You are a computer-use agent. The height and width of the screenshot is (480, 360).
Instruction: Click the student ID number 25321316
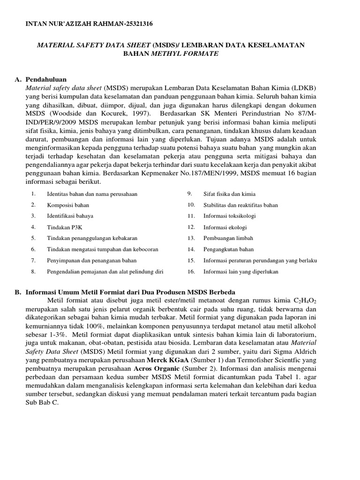click(136, 23)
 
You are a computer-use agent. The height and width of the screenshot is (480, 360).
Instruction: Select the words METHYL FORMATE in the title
click(184, 54)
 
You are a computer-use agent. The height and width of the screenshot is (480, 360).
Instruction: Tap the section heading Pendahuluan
click(46, 79)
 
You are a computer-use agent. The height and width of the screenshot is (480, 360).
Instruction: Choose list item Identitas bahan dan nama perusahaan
click(92, 194)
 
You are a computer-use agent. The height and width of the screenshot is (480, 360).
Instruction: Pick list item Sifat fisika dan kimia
click(229, 194)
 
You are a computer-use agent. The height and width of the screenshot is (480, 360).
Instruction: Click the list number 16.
click(191, 271)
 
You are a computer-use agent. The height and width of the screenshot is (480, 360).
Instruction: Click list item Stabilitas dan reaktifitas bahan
click(240, 205)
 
